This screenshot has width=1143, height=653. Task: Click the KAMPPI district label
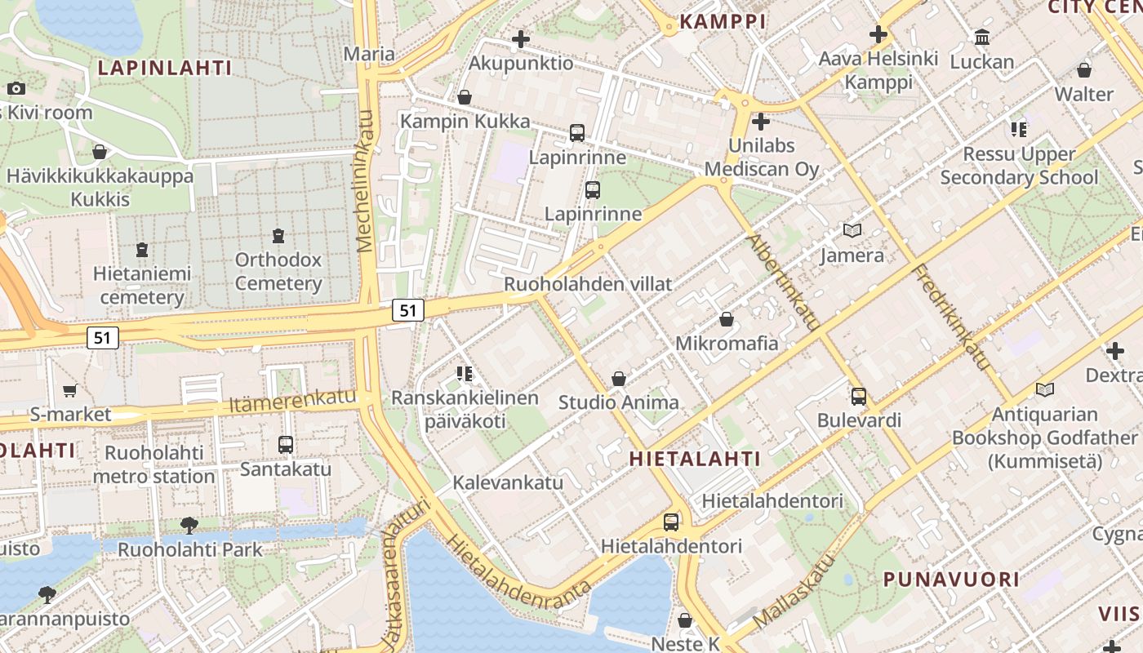[723, 22]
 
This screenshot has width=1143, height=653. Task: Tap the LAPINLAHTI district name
[165, 68]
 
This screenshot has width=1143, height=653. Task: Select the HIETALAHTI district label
[695, 459]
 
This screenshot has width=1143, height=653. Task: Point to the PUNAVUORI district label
[951, 580]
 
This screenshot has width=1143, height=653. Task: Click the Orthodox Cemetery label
[278, 272]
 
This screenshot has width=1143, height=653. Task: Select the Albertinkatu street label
[783, 282]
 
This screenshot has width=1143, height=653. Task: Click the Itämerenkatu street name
[292, 400]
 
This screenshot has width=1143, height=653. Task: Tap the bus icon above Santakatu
[285, 445]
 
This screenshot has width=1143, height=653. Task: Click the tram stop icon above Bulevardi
[859, 397]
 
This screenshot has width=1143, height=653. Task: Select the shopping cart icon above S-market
[69, 391]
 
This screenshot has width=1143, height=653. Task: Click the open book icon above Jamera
[852, 231]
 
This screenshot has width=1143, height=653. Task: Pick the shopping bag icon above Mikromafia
[726, 319]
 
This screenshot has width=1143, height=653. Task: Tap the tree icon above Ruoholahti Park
[189, 525]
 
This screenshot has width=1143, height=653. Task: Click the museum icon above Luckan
[982, 38]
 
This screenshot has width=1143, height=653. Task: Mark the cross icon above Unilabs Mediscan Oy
[761, 122]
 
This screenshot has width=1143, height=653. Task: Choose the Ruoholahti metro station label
[153, 464]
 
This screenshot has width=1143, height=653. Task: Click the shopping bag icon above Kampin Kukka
[465, 97]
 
